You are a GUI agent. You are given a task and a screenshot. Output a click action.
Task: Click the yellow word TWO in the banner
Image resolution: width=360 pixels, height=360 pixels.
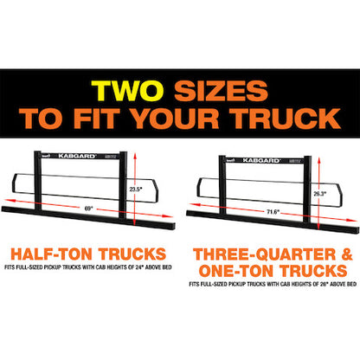click(x=127, y=91)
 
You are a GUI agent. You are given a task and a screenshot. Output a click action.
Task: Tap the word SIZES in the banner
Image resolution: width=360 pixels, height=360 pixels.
click(x=221, y=91)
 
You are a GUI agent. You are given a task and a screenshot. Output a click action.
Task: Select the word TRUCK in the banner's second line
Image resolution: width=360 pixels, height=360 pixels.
click(x=285, y=119)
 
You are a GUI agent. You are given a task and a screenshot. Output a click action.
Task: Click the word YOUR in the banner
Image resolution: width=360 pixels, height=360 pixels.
click(x=176, y=119)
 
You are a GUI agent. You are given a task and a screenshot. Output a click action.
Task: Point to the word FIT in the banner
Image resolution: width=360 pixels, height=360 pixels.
click(x=97, y=119)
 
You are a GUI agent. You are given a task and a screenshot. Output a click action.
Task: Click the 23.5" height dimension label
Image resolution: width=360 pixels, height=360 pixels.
click(x=136, y=190)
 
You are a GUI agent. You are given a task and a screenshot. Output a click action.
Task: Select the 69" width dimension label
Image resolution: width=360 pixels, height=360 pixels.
click(x=88, y=209)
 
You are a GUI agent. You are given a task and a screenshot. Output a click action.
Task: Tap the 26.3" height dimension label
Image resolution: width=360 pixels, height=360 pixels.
click(x=320, y=194)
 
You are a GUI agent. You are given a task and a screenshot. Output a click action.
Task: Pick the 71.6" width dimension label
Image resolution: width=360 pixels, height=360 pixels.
click(x=273, y=212)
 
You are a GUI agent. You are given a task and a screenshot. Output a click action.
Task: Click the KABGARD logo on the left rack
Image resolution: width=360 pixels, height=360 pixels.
click(x=77, y=156)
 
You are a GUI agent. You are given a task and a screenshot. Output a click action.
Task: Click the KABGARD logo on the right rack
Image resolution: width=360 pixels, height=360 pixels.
click(x=261, y=160)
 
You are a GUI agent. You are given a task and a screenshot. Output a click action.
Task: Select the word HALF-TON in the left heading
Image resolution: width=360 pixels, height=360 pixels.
click(x=51, y=254)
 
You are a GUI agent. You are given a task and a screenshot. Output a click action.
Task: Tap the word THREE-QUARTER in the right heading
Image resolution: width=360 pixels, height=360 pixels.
click(x=265, y=254)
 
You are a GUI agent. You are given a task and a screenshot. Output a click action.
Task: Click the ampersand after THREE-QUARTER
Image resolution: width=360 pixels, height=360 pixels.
click(x=347, y=254)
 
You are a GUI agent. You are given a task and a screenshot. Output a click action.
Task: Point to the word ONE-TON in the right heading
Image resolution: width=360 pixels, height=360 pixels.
click(x=235, y=271)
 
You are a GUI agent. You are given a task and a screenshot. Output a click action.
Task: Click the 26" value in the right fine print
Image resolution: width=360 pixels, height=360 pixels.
click(x=324, y=284)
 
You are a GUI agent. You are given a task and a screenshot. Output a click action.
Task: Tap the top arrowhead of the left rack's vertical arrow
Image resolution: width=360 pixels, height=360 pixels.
click(x=135, y=156)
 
